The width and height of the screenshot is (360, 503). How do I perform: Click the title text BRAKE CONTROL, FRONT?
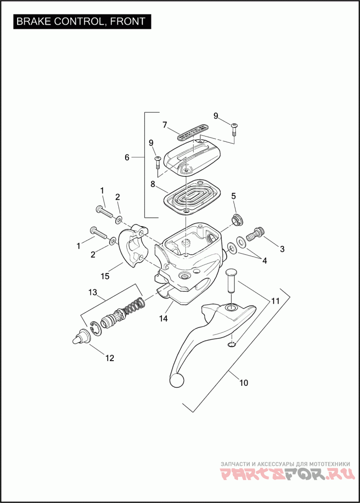[x=81, y=21]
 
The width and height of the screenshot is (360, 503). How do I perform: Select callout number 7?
[x=165, y=124]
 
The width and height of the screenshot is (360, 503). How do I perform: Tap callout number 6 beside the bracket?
[x=127, y=157]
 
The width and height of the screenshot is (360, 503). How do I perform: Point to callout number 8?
[x=153, y=184]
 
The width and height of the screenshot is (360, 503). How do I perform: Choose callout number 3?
[x=282, y=248]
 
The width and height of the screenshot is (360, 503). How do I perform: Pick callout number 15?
[x=105, y=276]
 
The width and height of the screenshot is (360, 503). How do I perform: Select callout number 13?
[x=93, y=293]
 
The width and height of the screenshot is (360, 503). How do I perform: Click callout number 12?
[x=110, y=358]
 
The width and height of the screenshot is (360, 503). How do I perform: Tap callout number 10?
[x=243, y=383]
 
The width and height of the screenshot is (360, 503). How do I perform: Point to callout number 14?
[x=163, y=318]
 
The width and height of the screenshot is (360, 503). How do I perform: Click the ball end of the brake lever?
[x=177, y=381]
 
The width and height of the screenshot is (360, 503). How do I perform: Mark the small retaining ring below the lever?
[x=232, y=345]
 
